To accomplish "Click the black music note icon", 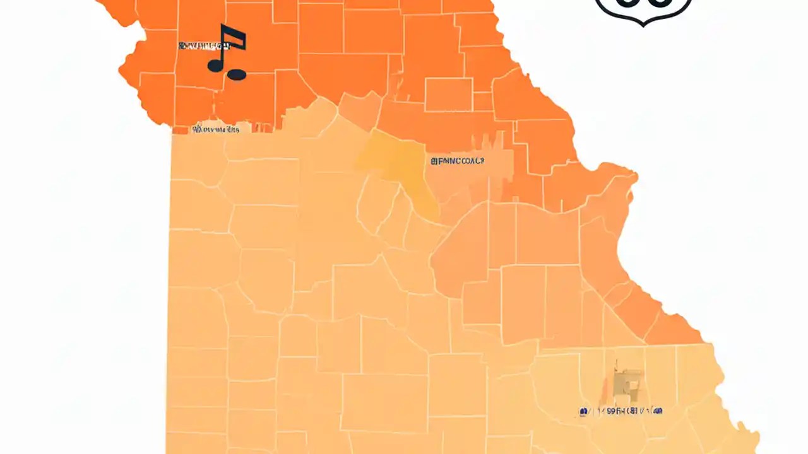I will (x=227, y=53).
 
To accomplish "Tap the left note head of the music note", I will (x=215, y=64).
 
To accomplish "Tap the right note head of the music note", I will (x=236, y=74).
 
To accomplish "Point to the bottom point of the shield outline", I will (x=643, y=25).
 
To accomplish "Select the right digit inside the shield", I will (x=660, y=3).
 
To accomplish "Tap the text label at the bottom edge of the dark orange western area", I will (x=217, y=130).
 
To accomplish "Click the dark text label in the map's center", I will (x=457, y=161).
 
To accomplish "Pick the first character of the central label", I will (x=434, y=161).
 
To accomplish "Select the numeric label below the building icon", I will (x=621, y=412).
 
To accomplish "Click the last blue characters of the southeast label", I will (x=656, y=412).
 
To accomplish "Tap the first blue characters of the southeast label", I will (x=585, y=412).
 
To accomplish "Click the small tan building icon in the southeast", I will (x=629, y=381).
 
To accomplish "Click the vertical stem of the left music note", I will (x=223, y=48).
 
